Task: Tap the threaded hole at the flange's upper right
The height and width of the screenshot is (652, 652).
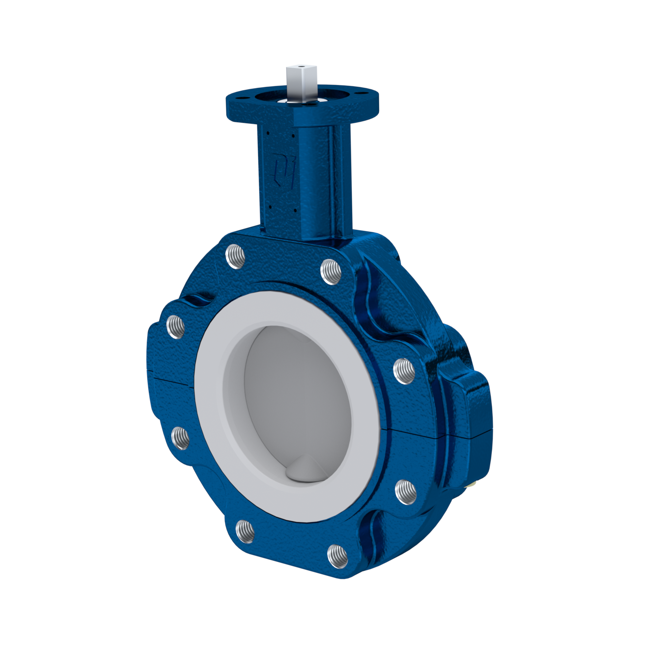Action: pyautogui.click(x=331, y=271)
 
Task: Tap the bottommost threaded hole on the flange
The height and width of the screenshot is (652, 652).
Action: pyautogui.click(x=337, y=562)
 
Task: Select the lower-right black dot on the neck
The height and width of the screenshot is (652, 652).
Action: pyautogui.click(x=295, y=210)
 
